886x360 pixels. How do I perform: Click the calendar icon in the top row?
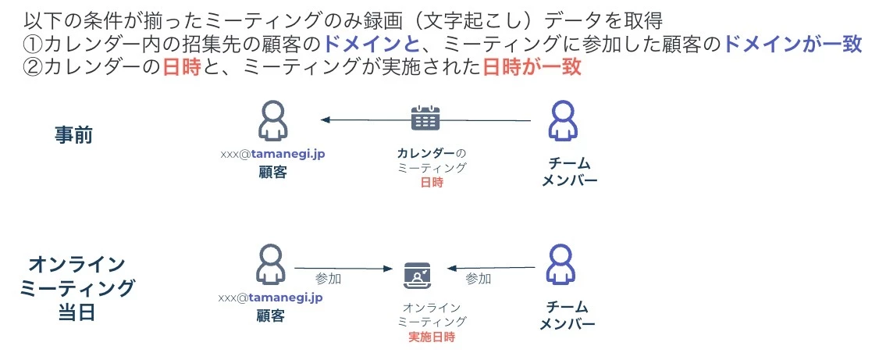[425, 118]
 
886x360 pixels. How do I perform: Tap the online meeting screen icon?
[418, 276]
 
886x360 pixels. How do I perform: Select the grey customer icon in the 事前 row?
[272, 119]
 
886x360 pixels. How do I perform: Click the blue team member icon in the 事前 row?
[562, 119]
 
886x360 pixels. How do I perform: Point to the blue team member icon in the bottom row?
[562, 266]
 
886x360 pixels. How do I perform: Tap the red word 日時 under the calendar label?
[431, 182]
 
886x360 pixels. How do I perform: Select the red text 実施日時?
[432, 337]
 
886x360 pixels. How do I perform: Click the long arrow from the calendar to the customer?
[425, 120]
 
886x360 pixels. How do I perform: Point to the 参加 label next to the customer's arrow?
[328, 278]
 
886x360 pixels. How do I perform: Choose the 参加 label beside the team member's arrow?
[478, 278]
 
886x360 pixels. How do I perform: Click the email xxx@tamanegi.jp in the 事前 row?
[272, 154]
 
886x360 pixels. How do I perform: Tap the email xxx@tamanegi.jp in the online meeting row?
[270, 298]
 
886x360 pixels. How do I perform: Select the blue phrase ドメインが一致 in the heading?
[793, 44]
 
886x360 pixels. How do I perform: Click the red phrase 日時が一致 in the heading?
[532, 67]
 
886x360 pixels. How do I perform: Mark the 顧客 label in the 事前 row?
[272, 172]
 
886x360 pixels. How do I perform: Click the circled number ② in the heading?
[33, 67]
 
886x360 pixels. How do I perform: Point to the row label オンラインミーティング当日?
[75, 287]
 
